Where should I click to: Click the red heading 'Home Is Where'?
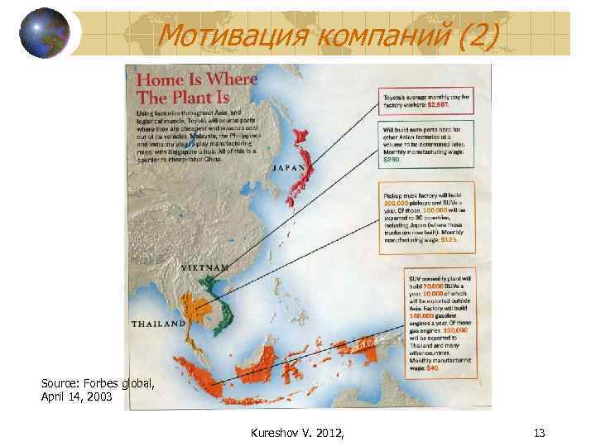pyautogui.click(x=196, y=80)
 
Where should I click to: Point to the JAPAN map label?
pyautogui.click(x=290, y=168)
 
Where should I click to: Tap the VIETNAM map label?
pyautogui.click(x=204, y=268)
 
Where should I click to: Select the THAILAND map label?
pyautogui.click(x=157, y=324)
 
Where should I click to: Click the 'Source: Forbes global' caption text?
pyautogui.click(x=98, y=383)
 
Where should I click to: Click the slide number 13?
pyautogui.click(x=541, y=432)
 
